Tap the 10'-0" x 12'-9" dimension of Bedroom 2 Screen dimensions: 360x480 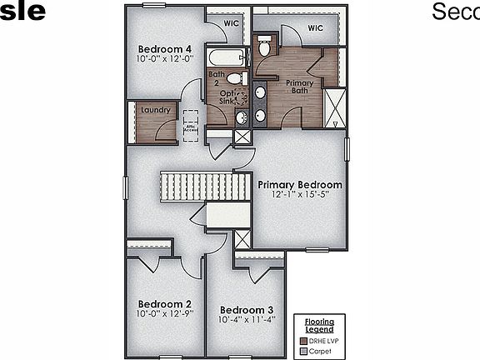(x=165, y=314)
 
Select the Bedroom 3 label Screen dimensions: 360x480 (x=247, y=308)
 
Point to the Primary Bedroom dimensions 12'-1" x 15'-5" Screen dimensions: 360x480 (x=300, y=196)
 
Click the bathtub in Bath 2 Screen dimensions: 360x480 (x=227, y=58)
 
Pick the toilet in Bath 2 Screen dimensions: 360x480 (x=235, y=78)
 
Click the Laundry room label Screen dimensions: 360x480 (x=156, y=110)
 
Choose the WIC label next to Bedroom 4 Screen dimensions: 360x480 (x=232, y=24)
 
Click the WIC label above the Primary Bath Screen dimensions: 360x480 (x=314, y=27)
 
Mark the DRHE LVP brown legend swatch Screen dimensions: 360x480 (x=304, y=340)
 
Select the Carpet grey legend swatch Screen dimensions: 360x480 (x=304, y=351)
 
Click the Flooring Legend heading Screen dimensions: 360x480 (x=318, y=325)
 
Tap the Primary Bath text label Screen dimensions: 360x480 (x=299, y=87)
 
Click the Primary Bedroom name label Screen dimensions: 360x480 (x=300, y=184)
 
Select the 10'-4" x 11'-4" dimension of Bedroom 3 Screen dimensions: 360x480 (x=247, y=319)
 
